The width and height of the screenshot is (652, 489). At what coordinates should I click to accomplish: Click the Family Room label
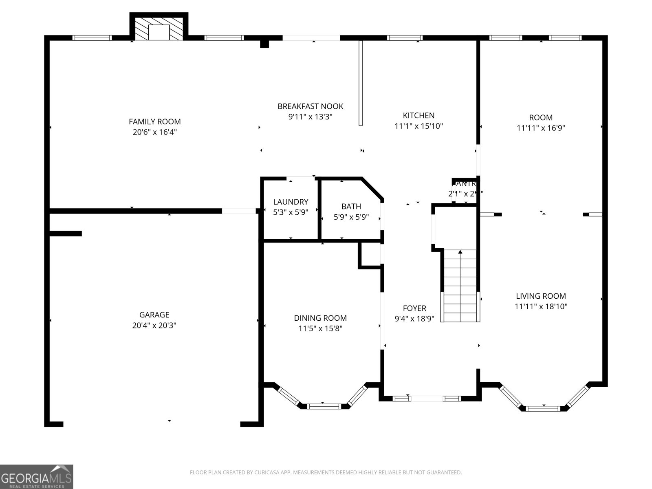154,121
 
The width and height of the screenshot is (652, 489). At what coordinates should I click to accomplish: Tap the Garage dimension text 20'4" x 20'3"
154,325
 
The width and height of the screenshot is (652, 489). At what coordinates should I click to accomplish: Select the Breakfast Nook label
310,106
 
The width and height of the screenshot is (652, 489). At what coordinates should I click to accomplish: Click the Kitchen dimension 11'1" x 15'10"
419,126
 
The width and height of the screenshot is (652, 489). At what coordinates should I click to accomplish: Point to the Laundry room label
291,202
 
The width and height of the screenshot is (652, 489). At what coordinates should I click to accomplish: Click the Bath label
351,207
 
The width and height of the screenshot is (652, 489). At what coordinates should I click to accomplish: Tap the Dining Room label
320,318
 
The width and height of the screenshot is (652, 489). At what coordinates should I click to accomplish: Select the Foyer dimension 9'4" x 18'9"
414,319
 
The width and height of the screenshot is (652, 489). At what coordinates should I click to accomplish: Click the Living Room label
541,296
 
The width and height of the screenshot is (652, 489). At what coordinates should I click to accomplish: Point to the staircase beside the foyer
460,285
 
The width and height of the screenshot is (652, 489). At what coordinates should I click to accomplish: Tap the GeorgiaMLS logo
36,476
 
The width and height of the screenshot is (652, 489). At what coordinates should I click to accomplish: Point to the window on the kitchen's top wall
405,38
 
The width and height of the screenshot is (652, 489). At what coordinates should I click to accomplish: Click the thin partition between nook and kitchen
360,83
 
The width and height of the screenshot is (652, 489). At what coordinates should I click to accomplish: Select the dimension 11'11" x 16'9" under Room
541,128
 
